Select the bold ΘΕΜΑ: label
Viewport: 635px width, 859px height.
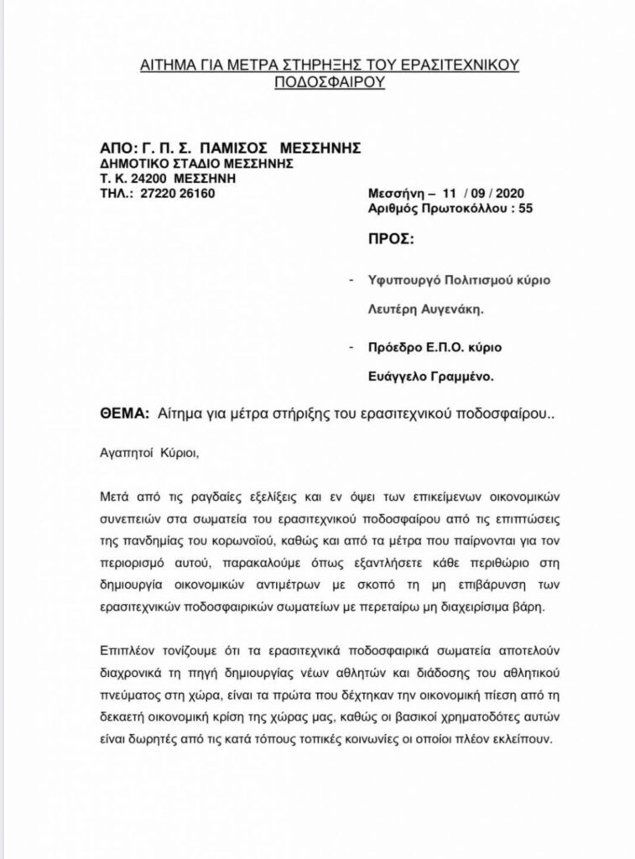(125, 414)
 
